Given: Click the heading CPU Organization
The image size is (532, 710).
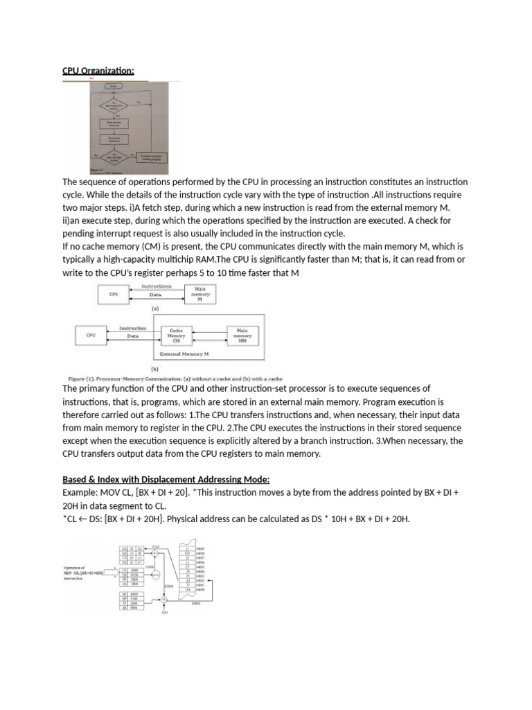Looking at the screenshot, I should click(x=98, y=71).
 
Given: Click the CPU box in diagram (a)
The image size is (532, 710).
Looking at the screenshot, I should click(x=114, y=295).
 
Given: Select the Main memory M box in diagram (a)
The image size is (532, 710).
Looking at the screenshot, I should click(x=199, y=295).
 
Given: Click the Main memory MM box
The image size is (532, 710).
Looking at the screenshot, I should click(x=242, y=336).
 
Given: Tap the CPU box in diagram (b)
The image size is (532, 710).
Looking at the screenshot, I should click(x=91, y=336).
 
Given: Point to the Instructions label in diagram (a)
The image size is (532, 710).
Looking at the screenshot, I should click(x=156, y=286).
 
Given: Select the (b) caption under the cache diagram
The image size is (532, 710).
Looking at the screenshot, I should click(x=154, y=370).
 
